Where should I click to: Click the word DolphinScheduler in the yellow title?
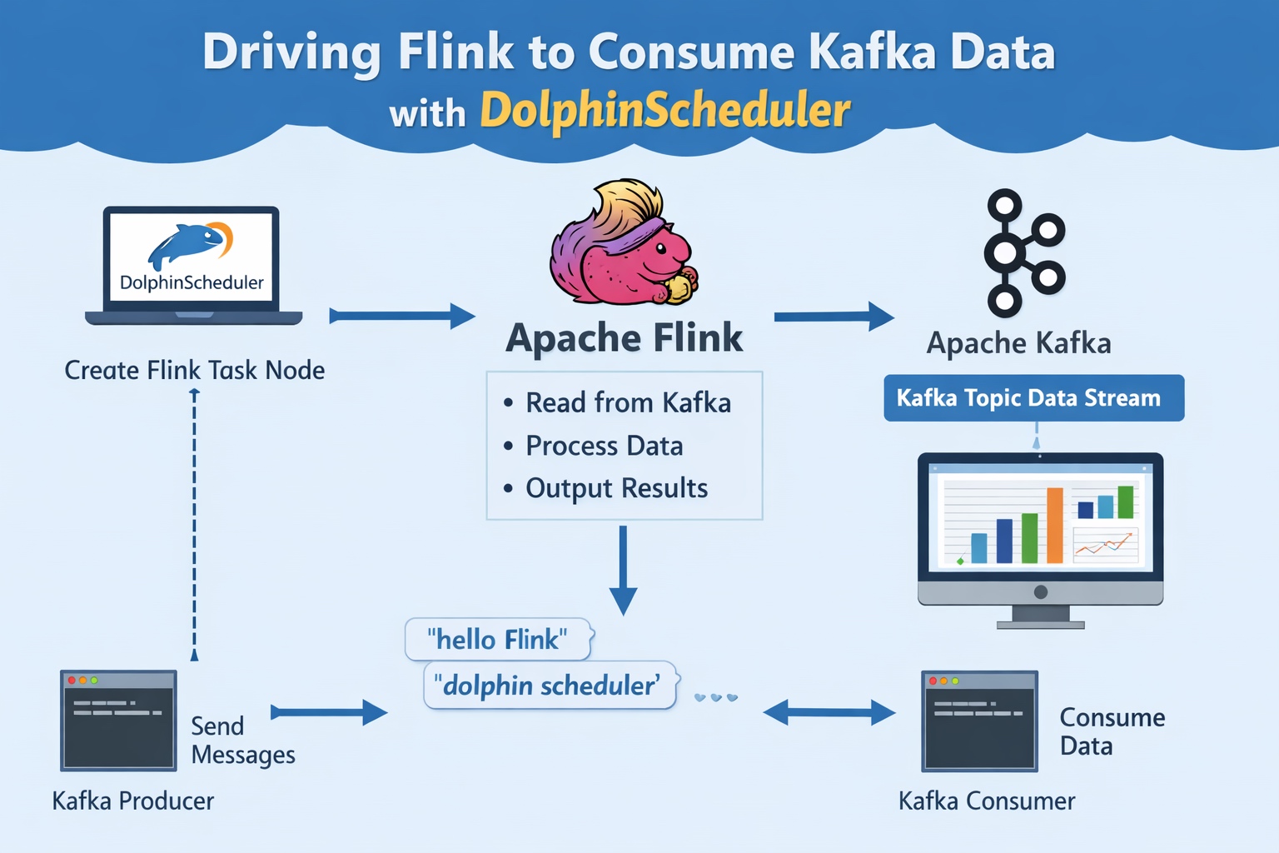coord(664,111)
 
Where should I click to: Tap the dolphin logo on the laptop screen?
coord(190,244)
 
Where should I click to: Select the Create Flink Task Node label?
coord(195,370)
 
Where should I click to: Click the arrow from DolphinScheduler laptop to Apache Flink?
coord(402,316)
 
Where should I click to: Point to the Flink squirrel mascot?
coord(623,246)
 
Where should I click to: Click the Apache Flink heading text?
coord(624,338)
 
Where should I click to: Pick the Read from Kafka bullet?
coord(628,403)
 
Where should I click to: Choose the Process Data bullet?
coord(604,446)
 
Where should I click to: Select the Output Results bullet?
coord(616,488)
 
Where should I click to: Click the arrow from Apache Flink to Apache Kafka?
coord(834,317)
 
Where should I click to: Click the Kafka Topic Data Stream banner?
coord(1033,398)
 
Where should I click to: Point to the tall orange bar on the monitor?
coord(1055,525)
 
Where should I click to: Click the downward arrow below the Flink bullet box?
coord(623,571)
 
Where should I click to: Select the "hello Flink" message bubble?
coord(498,640)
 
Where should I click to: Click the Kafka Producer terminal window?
coord(118,721)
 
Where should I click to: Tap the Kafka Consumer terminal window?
coord(979,721)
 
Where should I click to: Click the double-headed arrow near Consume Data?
coord(829,712)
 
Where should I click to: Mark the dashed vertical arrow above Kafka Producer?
coord(195,525)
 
